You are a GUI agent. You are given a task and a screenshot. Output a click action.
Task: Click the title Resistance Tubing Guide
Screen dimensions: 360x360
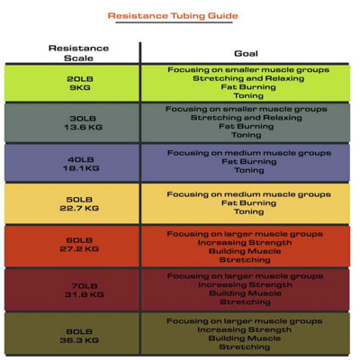173,16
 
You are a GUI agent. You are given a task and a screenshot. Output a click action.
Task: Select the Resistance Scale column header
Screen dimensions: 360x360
78,53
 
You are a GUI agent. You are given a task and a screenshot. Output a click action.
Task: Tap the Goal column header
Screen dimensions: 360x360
246,53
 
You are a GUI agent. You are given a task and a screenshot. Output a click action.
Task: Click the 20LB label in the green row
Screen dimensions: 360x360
80,79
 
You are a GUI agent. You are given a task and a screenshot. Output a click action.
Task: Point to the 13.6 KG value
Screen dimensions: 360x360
83,127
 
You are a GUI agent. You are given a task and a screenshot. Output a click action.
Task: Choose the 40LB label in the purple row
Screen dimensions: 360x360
81,159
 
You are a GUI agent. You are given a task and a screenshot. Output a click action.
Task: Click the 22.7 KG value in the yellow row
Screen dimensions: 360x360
79,208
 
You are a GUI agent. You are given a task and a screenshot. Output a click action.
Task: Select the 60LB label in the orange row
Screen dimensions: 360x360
79,240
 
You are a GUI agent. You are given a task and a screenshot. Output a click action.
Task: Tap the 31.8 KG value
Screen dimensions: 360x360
85,294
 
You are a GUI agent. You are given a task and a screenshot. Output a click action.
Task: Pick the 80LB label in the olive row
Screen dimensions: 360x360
79,331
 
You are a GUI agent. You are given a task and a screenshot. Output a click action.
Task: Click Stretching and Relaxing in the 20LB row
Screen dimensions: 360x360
248,78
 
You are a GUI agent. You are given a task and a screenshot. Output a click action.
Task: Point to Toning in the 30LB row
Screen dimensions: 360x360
247,135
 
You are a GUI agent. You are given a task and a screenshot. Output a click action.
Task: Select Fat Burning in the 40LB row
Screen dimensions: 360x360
249,161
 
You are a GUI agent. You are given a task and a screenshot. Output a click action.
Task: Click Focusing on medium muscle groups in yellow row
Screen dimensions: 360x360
248,194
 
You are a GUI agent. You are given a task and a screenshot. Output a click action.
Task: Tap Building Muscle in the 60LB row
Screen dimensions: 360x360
245,251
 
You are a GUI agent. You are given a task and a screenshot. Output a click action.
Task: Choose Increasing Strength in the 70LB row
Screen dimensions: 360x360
245,284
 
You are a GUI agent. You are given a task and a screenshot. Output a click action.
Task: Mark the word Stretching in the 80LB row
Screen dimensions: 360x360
245,347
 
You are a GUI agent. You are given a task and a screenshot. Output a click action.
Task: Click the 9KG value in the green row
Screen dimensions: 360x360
80,87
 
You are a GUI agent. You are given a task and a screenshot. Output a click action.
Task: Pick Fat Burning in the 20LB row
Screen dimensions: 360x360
248,87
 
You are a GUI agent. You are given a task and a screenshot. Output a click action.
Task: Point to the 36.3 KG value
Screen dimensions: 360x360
79,340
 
